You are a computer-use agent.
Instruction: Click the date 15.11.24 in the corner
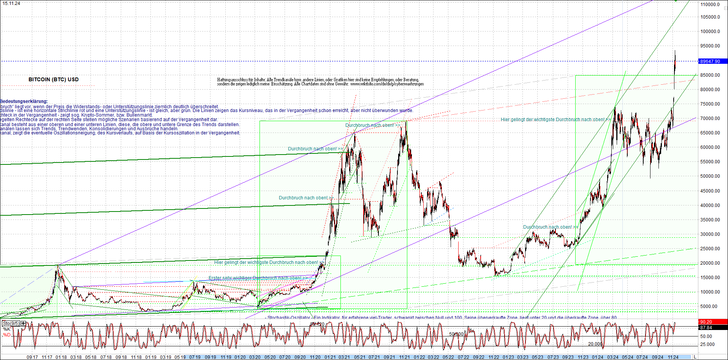11,3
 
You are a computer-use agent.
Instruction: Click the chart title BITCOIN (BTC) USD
54,79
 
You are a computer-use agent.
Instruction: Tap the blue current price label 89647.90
710,61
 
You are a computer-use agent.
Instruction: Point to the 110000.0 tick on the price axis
710,5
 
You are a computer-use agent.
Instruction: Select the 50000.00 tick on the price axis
710,176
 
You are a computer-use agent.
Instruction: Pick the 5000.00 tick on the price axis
709,306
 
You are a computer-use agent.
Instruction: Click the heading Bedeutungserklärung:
24,101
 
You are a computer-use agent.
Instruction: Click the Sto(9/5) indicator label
11,324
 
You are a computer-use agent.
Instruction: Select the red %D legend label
7,335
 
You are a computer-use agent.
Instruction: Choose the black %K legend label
7,329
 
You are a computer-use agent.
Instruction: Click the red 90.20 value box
706,322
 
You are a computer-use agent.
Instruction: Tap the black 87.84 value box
706,327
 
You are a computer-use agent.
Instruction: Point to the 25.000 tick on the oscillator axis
707,344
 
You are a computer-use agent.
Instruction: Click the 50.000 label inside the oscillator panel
456,334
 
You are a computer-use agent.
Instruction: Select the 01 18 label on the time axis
61,357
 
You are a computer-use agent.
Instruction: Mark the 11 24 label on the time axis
673,357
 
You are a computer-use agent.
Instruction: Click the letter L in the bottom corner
695,357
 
